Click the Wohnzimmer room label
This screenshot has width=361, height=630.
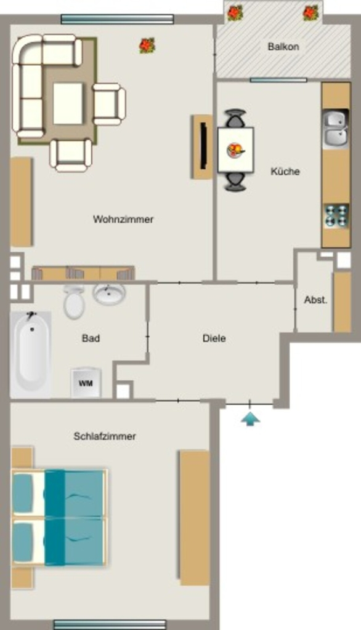tap(123, 220)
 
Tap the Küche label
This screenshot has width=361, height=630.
tap(285, 172)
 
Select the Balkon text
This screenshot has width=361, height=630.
tap(283, 47)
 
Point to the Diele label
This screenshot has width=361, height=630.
tap(214, 338)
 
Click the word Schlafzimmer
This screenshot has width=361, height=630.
tap(105, 436)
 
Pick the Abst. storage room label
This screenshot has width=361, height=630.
tap(316, 300)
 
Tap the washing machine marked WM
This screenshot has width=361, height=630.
tap(85, 383)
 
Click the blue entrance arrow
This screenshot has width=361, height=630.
tap(250, 418)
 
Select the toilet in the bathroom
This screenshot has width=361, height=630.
tap(74, 301)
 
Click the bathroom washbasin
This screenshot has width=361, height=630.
tap(109, 293)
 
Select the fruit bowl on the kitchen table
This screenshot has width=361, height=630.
tap(235, 150)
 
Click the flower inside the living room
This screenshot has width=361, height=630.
tap(147, 46)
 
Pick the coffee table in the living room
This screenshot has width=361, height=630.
tap(68, 103)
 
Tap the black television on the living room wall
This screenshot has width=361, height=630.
tap(204, 146)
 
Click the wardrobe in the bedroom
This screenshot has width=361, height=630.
tap(195, 517)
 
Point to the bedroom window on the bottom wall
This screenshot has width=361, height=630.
tap(110, 624)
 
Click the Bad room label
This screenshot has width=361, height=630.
tap(91, 338)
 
